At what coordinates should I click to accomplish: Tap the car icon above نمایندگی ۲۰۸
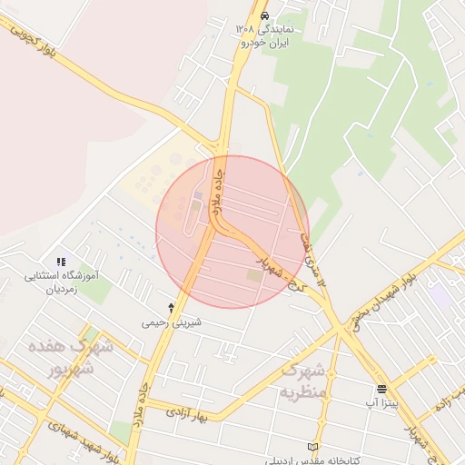[264, 16]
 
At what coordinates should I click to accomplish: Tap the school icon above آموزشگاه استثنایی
[61, 262]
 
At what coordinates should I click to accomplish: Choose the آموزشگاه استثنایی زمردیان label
[64, 281]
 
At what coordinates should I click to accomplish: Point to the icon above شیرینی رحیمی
[171, 308]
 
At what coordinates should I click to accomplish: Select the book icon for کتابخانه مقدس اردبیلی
[313, 447]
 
